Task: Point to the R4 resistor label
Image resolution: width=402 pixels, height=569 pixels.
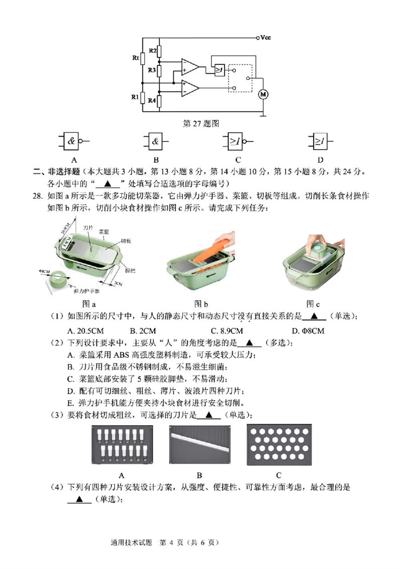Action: tap(151, 101)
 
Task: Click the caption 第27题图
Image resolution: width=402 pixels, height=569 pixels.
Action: tap(200, 123)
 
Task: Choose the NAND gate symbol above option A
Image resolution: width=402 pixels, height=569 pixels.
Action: tap(73, 142)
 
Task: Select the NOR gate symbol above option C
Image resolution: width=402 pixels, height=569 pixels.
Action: tap(236, 142)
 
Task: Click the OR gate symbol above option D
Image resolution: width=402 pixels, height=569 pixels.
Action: tap(319, 142)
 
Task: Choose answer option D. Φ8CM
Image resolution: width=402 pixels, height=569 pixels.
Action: tap(308, 331)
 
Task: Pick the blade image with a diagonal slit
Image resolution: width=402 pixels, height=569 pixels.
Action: tap(199, 445)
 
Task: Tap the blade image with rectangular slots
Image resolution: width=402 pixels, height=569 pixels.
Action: tap(121, 445)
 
